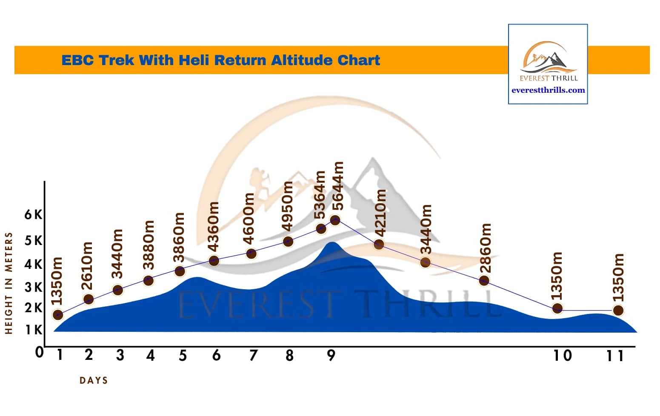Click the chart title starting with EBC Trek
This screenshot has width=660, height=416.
tap(220, 60)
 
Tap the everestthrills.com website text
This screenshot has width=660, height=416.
tap(548, 90)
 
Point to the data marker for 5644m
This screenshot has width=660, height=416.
tap(335, 220)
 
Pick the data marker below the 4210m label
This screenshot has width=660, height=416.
tap(379, 244)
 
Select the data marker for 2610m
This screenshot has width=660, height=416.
tap(89, 299)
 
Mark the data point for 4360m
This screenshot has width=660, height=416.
tap(214, 260)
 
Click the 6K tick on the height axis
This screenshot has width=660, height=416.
tap(33, 214)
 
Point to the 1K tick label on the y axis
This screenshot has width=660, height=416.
tap(33, 330)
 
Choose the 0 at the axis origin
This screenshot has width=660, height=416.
tap(39, 352)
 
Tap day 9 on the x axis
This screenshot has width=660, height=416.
tap(331, 355)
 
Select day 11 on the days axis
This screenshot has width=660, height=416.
tap(615, 355)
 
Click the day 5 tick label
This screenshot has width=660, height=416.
tap(183, 355)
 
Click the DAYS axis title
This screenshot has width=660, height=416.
tap(94, 381)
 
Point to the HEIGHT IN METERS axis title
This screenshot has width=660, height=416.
tap(9, 283)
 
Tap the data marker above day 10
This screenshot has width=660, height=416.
tap(557, 308)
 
